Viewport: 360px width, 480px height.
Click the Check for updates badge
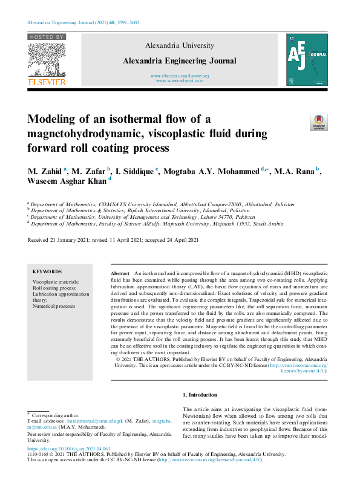tap(318, 122)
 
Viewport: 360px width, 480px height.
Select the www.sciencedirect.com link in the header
tap(180, 80)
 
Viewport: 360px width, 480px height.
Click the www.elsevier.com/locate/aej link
tap(180, 76)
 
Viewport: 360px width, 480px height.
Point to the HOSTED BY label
tap(46, 37)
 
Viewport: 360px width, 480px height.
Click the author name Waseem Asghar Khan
tap(66, 180)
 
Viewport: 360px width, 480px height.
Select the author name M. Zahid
tap(45, 171)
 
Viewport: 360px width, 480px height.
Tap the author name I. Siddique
tap(135, 171)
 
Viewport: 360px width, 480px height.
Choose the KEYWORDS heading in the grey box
tap(47, 272)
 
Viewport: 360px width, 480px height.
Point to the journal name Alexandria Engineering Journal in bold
tap(180, 60)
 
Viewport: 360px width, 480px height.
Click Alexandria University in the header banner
tap(180, 45)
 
